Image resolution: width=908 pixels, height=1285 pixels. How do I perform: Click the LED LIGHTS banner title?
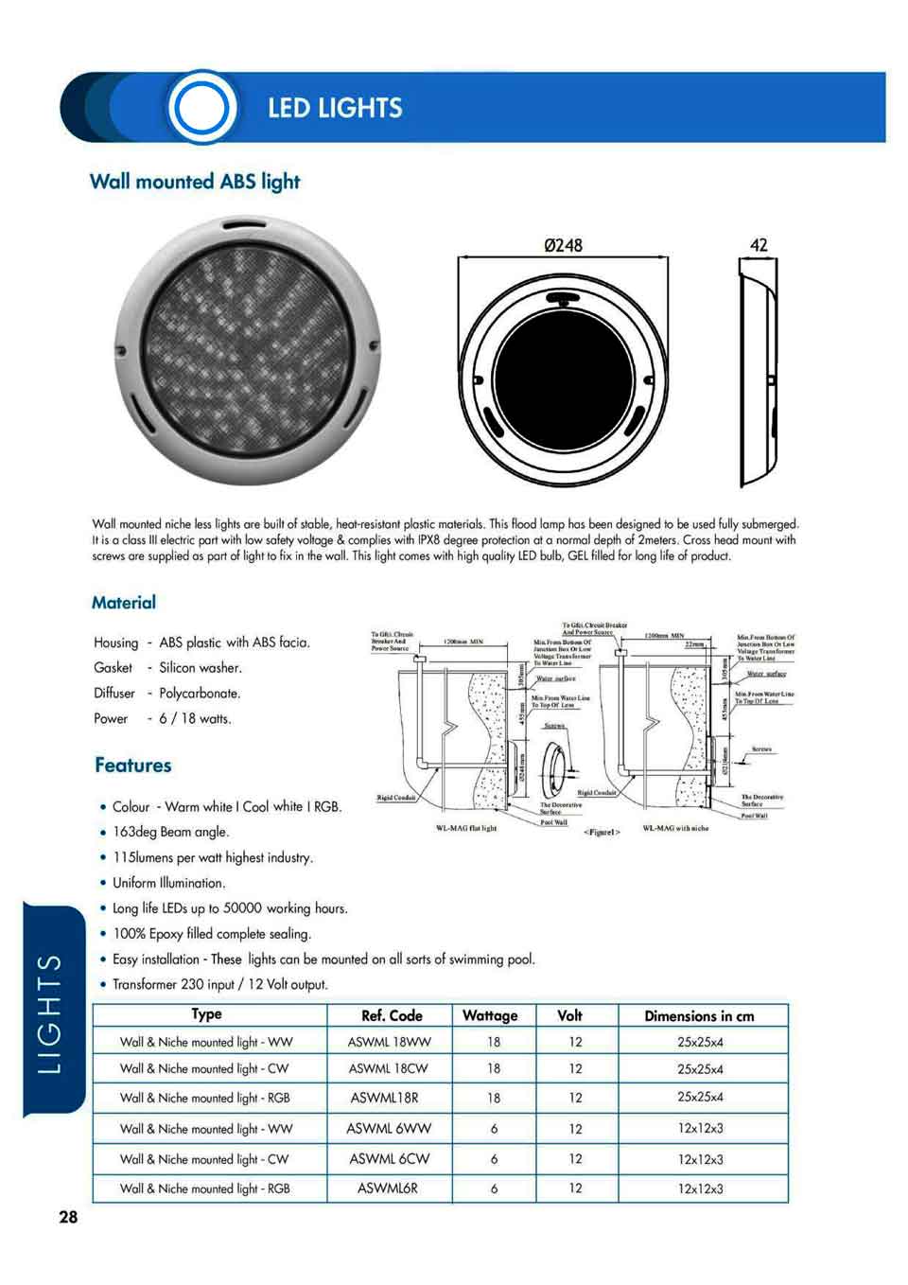(335, 108)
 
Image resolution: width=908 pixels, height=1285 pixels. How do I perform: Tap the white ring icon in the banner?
(201, 108)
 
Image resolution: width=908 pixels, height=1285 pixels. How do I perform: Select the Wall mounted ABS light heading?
(195, 181)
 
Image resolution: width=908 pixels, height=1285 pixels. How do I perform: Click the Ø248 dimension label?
(564, 245)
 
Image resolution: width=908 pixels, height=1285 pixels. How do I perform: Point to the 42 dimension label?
(759, 245)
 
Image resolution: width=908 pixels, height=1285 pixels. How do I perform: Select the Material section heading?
(124, 603)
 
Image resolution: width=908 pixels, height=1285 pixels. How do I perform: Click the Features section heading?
(133, 765)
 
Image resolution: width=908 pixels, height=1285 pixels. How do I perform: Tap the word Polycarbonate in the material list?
(200, 694)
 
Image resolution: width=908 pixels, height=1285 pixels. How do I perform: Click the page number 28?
(68, 1217)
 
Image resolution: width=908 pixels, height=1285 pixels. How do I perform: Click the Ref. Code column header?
(392, 1016)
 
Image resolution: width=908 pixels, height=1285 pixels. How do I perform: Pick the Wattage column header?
(490, 1016)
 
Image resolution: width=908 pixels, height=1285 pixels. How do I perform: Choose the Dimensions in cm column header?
(699, 1016)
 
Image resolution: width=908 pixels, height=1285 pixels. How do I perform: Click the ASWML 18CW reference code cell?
(389, 1068)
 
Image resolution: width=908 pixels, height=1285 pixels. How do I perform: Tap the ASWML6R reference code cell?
(388, 1188)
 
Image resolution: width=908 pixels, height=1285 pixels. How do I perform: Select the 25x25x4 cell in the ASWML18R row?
(700, 1098)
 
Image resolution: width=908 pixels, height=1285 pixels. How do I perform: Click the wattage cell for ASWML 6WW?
(494, 1129)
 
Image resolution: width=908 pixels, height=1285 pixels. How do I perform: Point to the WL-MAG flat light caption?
(465, 828)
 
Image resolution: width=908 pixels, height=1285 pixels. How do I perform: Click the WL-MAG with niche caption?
(675, 828)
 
